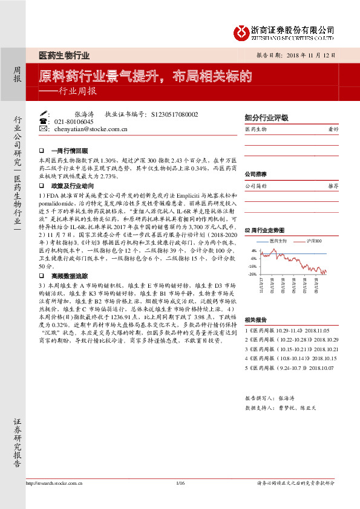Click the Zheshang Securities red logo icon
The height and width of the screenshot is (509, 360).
(242, 31)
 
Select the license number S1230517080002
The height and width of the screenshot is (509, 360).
(175, 114)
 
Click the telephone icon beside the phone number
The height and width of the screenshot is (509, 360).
(43, 122)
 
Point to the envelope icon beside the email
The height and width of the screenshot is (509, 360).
(43, 129)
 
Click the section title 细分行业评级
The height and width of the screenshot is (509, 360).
(266, 118)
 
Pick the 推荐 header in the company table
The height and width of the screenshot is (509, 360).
(333, 186)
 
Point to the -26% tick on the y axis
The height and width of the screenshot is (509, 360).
(253, 274)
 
